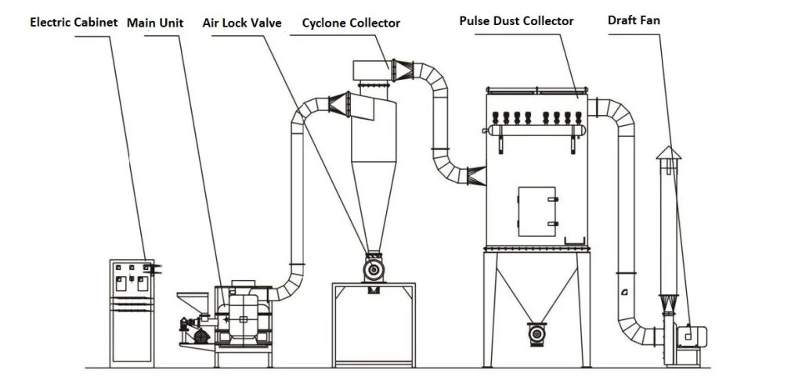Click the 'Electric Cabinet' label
pyautogui.click(x=74, y=22)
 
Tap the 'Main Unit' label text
pyautogui.click(x=155, y=22)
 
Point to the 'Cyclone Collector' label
pyautogui.click(x=351, y=23)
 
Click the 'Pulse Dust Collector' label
pyautogui.click(x=516, y=20)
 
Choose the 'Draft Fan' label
pyautogui.click(x=634, y=20)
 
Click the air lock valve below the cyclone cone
pyautogui.click(x=372, y=269)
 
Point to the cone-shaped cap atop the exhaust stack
pyautogui.click(x=668, y=152)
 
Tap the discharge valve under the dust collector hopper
pyautogui.click(x=537, y=333)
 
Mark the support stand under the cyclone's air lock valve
pyautogui.click(x=373, y=325)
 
